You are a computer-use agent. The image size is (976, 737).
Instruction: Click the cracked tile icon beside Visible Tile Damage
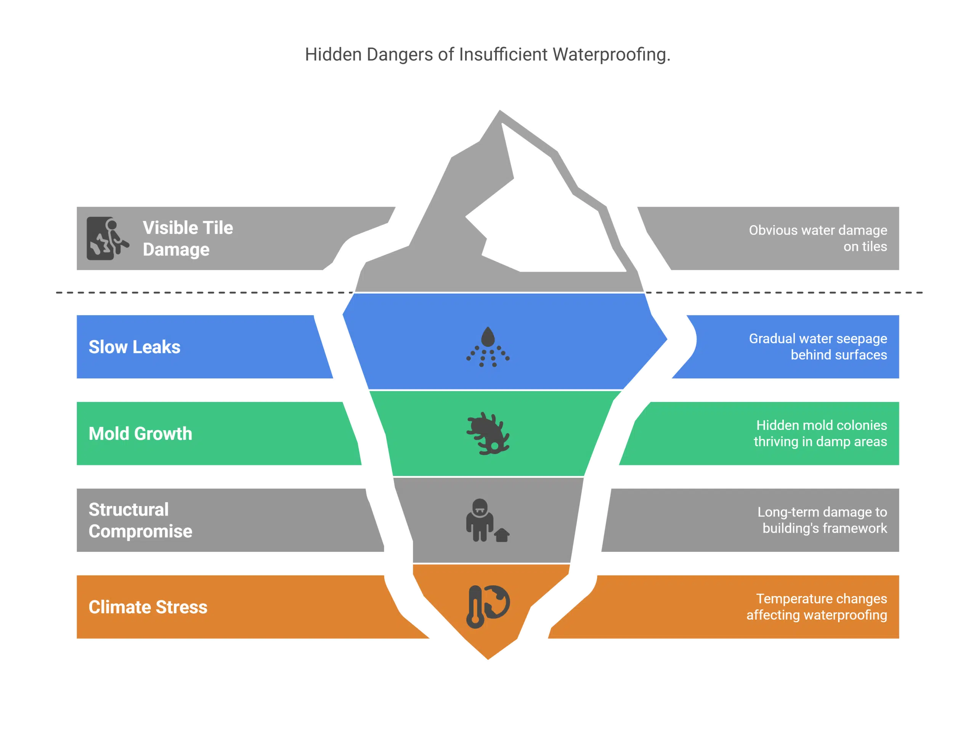[107, 238]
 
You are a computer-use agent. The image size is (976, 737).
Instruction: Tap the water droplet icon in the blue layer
[488, 347]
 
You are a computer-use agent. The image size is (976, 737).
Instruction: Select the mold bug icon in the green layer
[488, 434]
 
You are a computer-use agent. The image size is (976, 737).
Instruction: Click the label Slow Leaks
[135, 347]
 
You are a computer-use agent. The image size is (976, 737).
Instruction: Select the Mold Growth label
[140, 434]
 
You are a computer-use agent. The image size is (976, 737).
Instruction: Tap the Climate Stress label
[148, 607]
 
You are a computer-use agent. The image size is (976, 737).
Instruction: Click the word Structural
[128, 509]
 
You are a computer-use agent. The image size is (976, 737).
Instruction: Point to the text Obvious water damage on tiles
[818, 238]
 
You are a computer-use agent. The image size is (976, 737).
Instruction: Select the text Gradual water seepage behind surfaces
[818, 347]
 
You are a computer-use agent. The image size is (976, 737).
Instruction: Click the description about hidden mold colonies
[820, 434]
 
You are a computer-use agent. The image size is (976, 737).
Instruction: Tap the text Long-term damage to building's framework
[822, 520]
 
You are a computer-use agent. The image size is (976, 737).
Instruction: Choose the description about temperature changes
[817, 607]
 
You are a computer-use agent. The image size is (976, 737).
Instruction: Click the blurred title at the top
[487, 54]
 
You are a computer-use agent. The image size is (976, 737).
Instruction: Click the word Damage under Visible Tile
[176, 250]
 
